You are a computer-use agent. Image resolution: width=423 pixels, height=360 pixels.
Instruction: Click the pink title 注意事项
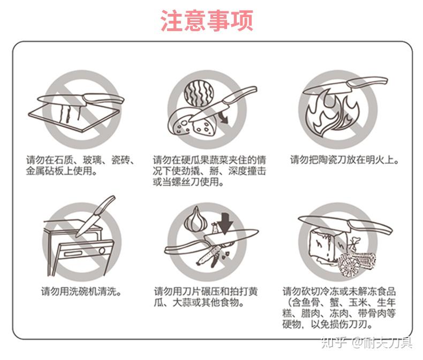(x=207, y=20)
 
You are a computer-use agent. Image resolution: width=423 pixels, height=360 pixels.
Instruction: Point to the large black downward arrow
(x=225, y=223)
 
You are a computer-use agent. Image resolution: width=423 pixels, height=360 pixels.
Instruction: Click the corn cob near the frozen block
(x=356, y=264)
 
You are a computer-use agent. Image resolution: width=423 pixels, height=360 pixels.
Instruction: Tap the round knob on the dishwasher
(x=102, y=251)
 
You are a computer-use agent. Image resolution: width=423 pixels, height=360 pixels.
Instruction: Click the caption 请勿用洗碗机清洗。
(x=81, y=292)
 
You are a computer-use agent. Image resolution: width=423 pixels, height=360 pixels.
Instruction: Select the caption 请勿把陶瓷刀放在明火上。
(x=344, y=160)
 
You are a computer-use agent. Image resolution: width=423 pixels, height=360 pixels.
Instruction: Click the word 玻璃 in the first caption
(x=92, y=160)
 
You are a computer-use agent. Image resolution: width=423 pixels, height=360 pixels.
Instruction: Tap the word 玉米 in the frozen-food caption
(x=358, y=303)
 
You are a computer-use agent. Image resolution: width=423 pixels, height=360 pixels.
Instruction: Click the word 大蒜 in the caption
(x=182, y=303)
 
